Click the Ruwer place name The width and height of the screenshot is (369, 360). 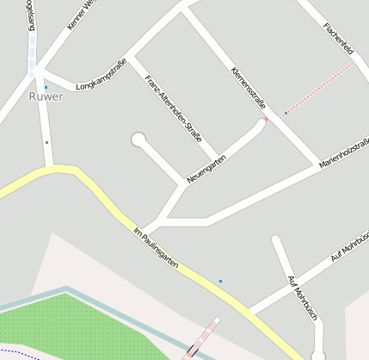click(46, 96)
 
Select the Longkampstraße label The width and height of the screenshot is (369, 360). click(101, 74)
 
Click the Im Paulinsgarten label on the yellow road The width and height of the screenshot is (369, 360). click(156, 247)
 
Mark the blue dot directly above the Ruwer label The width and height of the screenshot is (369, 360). click(46, 87)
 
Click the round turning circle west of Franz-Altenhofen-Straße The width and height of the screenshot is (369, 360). click(138, 139)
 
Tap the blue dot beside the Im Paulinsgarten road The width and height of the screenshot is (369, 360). click(220, 281)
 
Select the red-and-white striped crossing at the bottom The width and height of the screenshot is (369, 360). click(201, 338)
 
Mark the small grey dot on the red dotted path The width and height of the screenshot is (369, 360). click(286, 113)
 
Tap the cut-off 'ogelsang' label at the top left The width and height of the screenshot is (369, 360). click(33, 17)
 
